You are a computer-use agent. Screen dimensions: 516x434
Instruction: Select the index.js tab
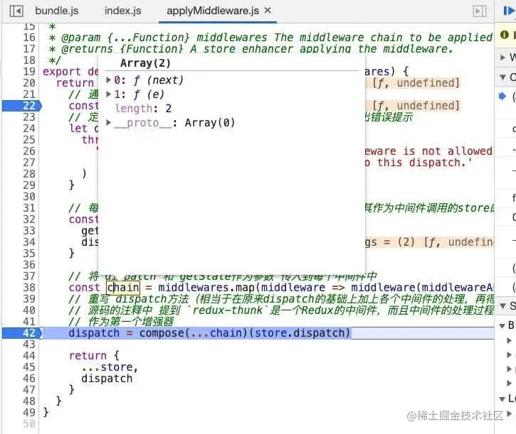[x=122, y=11]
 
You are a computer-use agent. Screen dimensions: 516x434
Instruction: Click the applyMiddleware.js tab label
[x=214, y=11]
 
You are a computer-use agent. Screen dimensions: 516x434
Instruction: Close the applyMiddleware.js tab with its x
[x=268, y=11]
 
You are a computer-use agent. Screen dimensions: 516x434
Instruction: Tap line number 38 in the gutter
[x=28, y=288]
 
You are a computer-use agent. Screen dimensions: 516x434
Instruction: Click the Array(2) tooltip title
[x=145, y=63]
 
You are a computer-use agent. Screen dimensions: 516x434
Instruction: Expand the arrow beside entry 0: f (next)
[x=109, y=80]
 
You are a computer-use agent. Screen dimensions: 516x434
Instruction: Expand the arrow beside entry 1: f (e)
[x=109, y=94]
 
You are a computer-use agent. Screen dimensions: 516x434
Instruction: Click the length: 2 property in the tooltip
[x=143, y=109]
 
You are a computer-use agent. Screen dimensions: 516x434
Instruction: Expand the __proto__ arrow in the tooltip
[x=109, y=123]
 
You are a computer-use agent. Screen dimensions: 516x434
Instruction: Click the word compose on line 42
[x=162, y=333]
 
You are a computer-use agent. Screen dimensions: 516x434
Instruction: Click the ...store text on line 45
[x=109, y=367]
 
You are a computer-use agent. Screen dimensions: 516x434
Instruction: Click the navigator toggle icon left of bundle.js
[x=16, y=11]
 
